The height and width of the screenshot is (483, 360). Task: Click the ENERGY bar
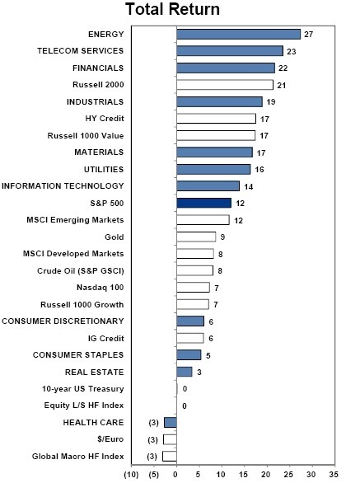[x=238, y=34]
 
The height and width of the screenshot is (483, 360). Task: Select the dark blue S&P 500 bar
[x=203, y=203]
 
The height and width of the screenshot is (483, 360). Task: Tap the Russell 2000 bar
[x=225, y=85]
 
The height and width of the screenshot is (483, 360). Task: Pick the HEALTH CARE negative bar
[x=171, y=422]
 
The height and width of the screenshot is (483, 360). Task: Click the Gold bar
[x=196, y=237]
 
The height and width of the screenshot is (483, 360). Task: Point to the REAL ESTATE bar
[x=185, y=372]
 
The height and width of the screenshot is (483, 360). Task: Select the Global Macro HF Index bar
[x=170, y=456]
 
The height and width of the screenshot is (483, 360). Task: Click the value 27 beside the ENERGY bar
[x=309, y=35]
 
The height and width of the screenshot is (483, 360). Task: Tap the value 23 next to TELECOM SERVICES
[x=292, y=51]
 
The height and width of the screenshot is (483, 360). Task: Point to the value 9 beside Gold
[x=222, y=237]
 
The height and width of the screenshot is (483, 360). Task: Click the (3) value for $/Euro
[x=152, y=439]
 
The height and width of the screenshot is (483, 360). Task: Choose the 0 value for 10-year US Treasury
[x=185, y=389]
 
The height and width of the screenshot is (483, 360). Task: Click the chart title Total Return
[x=173, y=9]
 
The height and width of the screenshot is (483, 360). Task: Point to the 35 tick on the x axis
[x=334, y=475]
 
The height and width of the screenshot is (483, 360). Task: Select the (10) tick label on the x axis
[x=131, y=475]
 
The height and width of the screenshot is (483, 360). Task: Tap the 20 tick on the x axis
[x=266, y=475]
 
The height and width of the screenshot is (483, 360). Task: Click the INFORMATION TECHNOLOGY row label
[x=63, y=186]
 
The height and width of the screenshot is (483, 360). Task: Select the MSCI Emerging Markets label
[x=75, y=220]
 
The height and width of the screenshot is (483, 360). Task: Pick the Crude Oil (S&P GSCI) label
[x=81, y=271]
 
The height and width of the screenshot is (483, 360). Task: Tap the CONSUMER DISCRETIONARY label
[x=63, y=321]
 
